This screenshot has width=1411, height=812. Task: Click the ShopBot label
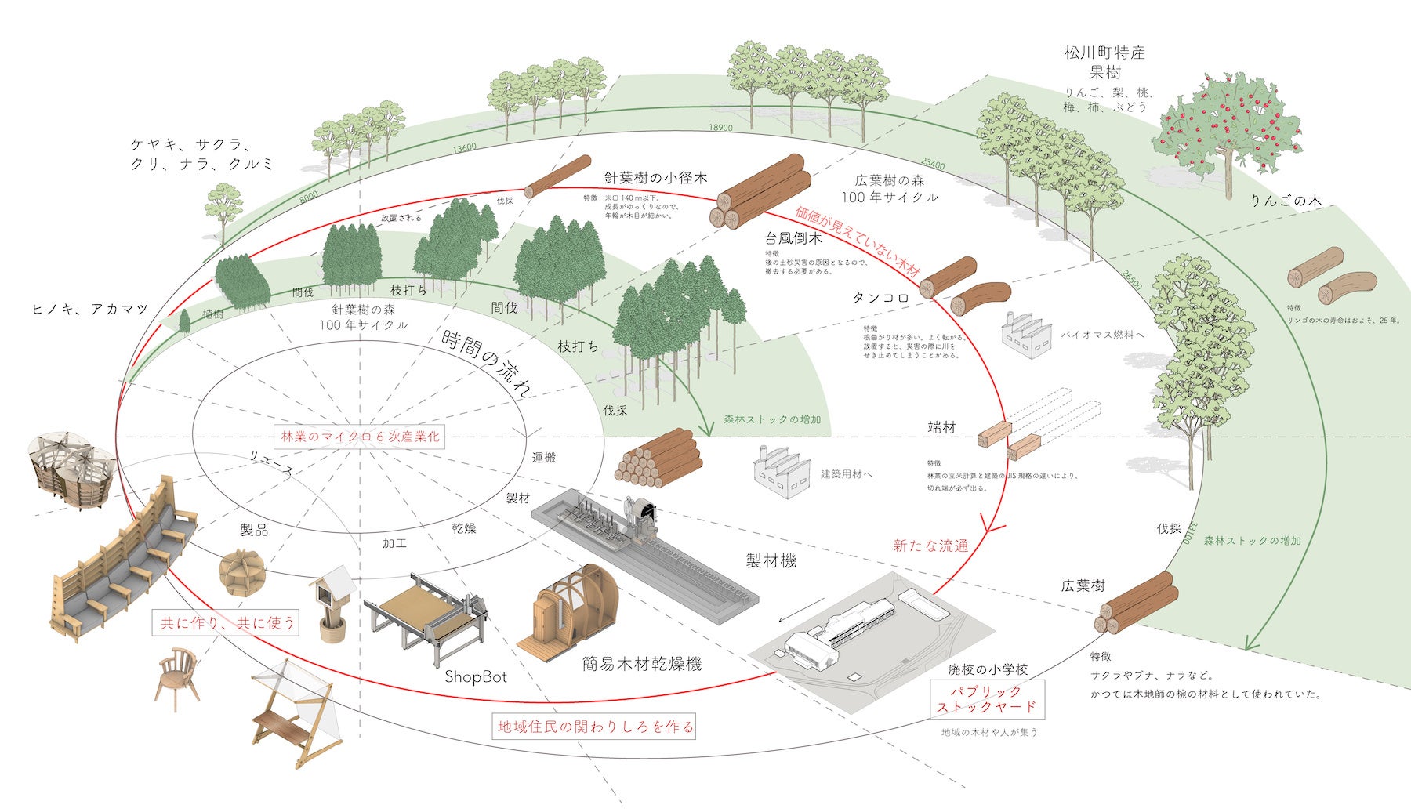476,676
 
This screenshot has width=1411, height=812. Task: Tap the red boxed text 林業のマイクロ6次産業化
360,437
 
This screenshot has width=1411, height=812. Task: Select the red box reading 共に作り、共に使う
227,623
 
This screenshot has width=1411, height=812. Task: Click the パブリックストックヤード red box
987,698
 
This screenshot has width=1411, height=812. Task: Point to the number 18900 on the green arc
720,128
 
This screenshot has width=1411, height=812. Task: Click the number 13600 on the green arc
465,147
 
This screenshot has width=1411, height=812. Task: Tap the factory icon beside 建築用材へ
781,470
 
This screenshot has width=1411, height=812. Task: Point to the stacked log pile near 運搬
657,459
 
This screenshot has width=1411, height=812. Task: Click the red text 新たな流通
930,546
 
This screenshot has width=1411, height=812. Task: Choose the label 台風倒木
793,237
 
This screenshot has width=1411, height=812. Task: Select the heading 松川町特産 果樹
1104,62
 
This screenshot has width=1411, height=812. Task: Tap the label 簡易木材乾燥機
641,664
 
